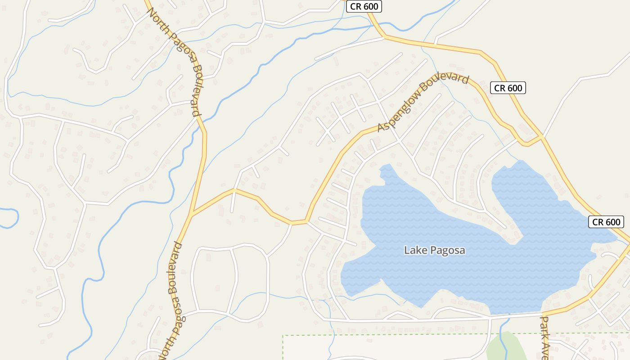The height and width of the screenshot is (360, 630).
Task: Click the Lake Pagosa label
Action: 434,250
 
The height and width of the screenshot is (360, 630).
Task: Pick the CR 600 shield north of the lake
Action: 508,88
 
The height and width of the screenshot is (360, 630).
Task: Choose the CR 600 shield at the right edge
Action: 606,222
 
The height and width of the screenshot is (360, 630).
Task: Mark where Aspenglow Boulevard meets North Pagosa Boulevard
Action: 192,214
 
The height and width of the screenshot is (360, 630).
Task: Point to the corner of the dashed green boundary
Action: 283,336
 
